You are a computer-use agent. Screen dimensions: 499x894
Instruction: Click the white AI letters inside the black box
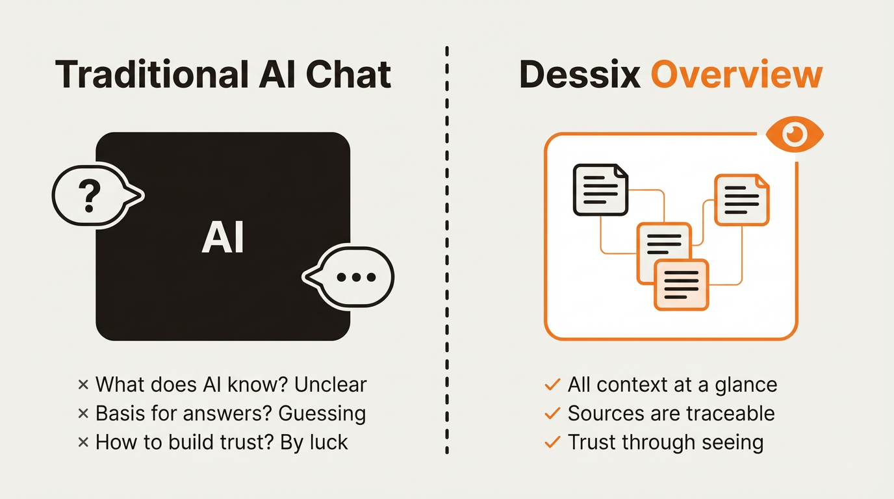click(223, 238)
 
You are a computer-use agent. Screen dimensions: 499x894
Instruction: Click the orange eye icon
click(794, 135)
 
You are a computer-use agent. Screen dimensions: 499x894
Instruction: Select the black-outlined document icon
click(600, 190)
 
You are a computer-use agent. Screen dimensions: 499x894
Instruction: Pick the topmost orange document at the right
click(742, 199)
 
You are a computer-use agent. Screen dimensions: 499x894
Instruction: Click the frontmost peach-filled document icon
click(681, 285)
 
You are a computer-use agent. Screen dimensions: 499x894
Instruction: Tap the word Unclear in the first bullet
click(330, 384)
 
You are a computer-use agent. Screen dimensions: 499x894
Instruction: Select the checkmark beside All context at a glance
click(552, 385)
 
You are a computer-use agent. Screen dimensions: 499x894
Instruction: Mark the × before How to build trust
click(83, 442)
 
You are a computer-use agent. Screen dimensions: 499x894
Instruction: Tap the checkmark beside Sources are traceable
click(552, 413)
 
